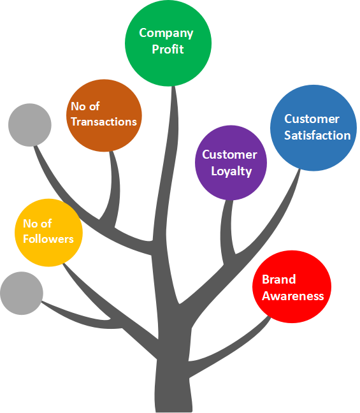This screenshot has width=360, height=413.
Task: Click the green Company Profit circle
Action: click(168, 43)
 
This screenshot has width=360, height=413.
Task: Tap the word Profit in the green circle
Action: click(168, 49)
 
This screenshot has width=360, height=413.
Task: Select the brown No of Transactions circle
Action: click(104, 115)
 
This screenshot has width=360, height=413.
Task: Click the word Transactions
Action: click(104, 122)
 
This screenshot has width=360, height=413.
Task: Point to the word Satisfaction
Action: click(317, 135)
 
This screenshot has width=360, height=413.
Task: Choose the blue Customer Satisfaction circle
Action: click(313, 127)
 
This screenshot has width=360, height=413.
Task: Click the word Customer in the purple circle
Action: click(229, 154)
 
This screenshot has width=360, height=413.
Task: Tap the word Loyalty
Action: click(231, 171)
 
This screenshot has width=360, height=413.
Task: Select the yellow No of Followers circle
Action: click(48, 233)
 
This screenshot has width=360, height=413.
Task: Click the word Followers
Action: click(48, 239)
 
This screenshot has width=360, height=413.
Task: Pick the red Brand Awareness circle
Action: click(292, 287)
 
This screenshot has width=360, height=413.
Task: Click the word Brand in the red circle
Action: click(279, 279)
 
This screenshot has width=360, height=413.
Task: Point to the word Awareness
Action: click(293, 296)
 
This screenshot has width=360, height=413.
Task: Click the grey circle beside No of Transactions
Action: click(30, 125)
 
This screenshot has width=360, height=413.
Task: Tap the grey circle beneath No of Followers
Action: click(22, 293)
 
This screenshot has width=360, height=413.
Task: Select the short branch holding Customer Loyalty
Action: click(227, 232)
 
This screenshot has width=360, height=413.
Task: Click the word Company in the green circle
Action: click(166, 33)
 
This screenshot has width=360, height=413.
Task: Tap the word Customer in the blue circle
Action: click(312, 119)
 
